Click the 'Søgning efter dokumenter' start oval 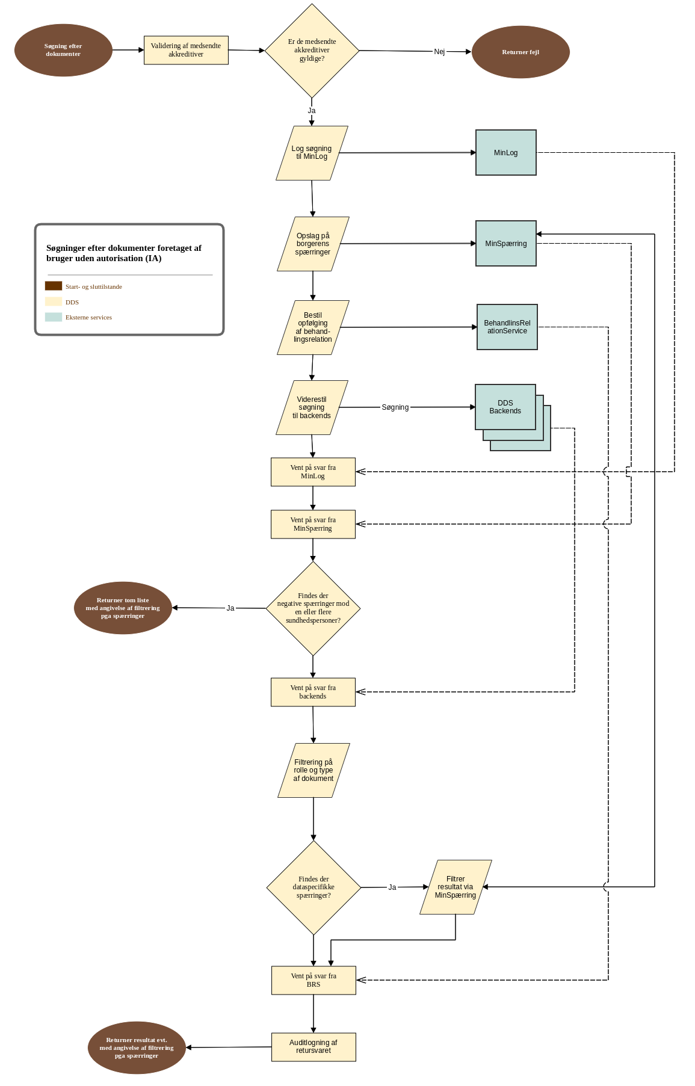pos(63,51)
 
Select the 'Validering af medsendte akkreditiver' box pos(186,50)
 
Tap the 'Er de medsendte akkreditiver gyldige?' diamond pos(312,51)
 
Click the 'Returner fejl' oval pos(520,52)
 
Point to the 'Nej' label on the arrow pos(439,52)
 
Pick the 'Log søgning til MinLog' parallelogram pos(312,153)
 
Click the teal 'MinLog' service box pos(505,153)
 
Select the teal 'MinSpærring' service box pos(505,244)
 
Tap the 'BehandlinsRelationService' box pos(507,327)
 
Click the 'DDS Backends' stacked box pos(505,407)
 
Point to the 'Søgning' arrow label pos(395,407)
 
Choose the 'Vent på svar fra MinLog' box pos(313,472)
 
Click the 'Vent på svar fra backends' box pos(313,693)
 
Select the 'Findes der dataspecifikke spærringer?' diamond pos(314,887)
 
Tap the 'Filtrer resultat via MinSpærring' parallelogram pos(456,887)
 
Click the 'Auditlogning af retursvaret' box pos(314,1047)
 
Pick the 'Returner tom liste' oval pos(123,608)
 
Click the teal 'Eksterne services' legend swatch pos(54,317)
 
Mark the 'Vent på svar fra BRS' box pos(314,980)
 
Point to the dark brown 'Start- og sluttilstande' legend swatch pos(54,286)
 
